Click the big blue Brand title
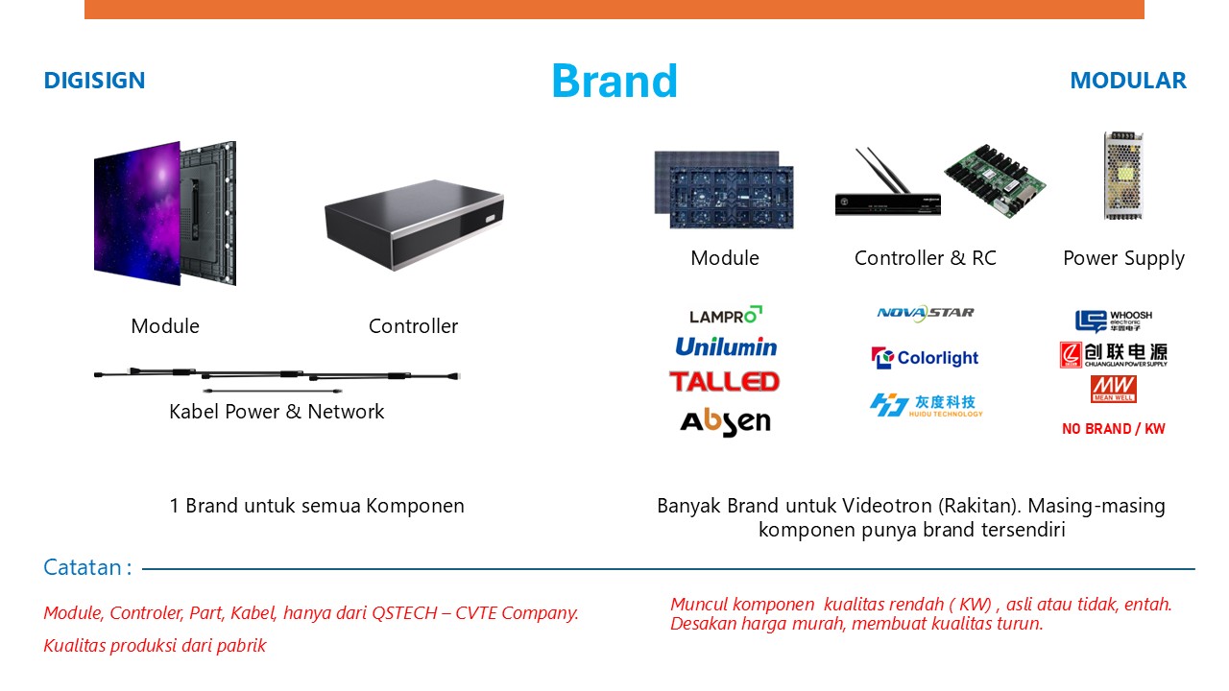(x=614, y=82)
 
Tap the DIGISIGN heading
(x=94, y=81)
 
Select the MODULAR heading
(x=1128, y=81)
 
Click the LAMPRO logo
(x=725, y=315)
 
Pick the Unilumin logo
(x=726, y=346)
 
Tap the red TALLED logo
(x=724, y=382)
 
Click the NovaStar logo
(x=926, y=313)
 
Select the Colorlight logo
(x=925, y=358)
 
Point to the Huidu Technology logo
(x=927, y=405)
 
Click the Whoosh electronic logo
(x=1113, y=321)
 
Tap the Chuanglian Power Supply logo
(x=1113, y=355)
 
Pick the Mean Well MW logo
(x=1113, y=390)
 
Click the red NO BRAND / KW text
(x=1113, y=429)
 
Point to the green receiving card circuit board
(x=996, y=181)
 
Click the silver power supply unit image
(x=1123, y=176)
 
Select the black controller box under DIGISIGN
(x=414, y=225)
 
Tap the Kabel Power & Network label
(x=277, y=412)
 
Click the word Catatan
(x=83, y=567)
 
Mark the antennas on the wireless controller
(x=882, y=170)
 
